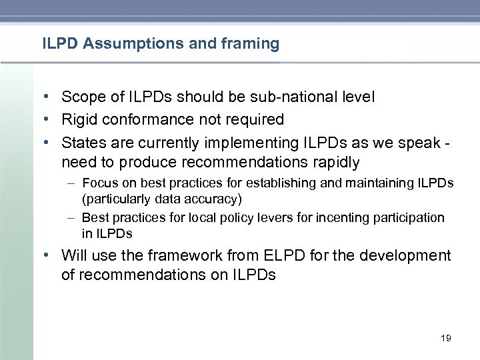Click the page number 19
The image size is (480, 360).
[446, 339]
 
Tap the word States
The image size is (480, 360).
[82, 143]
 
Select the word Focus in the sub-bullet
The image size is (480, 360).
[98, 183]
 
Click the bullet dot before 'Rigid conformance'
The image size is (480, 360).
[51, 120]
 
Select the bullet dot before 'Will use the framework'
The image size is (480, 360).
[51, 256]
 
